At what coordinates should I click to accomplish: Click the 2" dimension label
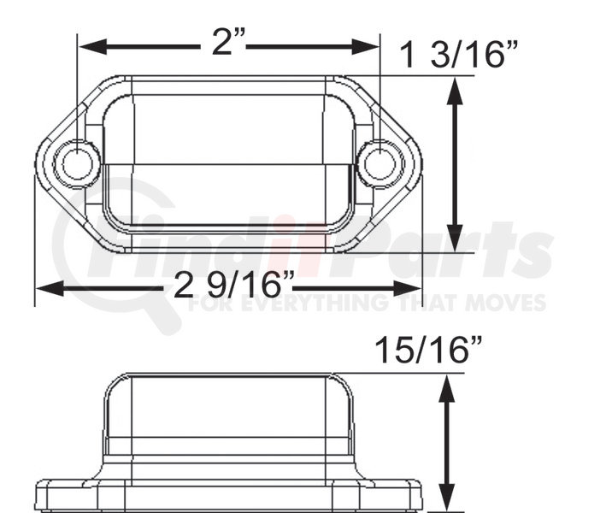pyautogui.click(x=229, y=41)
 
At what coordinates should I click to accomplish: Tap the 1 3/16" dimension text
pyautogui.click(x=459, y=55)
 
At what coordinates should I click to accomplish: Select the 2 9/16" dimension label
pyautogui.click(x=234, y=284)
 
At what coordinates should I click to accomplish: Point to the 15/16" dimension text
pyautogui.click(x=428, y=350)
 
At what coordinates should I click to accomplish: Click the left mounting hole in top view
pyautogui.click(x=77, y=164)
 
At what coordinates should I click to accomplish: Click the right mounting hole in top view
pyautogui.click(x=380, y=164)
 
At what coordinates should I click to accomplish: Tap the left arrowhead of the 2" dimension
pyautogui.click(x=93, y=47)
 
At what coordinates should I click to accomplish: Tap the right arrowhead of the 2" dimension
pyautogui.click(x=365, y=47)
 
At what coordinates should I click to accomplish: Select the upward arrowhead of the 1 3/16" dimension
pyautogui.click(x=455, y=91)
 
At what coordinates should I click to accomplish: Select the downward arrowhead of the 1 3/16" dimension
pyautogui.click(x=455, y=239)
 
